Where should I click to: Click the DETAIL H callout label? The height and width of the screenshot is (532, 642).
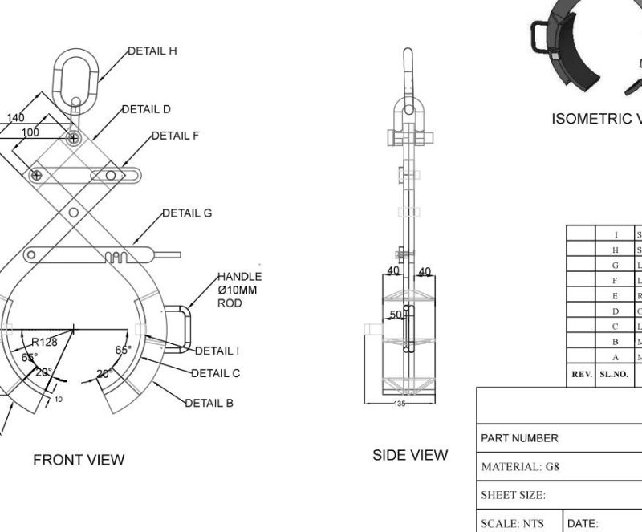tap(152, 51)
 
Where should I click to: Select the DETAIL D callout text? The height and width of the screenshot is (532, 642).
tap(146, 109)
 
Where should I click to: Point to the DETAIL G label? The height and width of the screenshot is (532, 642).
tap(187, 213)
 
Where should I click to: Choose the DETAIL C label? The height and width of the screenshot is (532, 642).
tap(215, 373)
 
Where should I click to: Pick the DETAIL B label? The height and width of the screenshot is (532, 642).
tap(209, 403)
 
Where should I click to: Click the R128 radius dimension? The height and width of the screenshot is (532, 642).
tap(44, 343)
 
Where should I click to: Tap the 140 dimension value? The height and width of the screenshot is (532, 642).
tap(15, 118)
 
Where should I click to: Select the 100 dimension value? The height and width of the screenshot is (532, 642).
tap(30, 131)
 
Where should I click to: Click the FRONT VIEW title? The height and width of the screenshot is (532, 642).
tap(79, 460)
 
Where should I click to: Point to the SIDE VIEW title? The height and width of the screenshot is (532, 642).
tap(410, 455)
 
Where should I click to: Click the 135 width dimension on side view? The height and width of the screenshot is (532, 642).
tap(400, 404)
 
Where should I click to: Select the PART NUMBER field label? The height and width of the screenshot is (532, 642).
tap(519, 438)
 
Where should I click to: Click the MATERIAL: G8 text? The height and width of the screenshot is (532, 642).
tap(519, 466)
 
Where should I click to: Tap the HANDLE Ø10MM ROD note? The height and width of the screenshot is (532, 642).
tap(239, 290)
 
